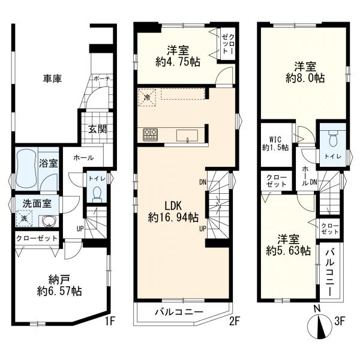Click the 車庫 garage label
pyautogui.click(x=53, y=79)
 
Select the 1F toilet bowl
pyautogui.click(x=97, y=194)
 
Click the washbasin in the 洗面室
pyautogui.click(x=49, y=221)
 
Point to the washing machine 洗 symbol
pyautogui.click(x=24, y=218)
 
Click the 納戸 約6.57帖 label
pyautogui.click(x=59, y=286)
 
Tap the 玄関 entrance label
pyautogui.click(x=98, y=130)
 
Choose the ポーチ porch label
pyautogui.click(x=103, y=79)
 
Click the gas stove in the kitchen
pyautogui.click(x=151, y=135)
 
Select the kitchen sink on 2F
pyautogui.click(x=187, y=136)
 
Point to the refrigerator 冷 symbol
pyautogui.click(x=147, y=98)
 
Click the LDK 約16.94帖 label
pyautogui.click(x=173, y=212)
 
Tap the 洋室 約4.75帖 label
pyautogui.click(x=178, y=56)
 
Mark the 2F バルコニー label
pyautogui.click(x=179, y=312)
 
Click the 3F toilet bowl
pyautogui.click(x=332, y=138)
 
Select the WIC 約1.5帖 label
pyautogui.click(x=275, y=144)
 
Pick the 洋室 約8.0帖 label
pyautogui.click(x=305, y=73)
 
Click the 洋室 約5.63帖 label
pyautogui.click(x=289, y=245)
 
